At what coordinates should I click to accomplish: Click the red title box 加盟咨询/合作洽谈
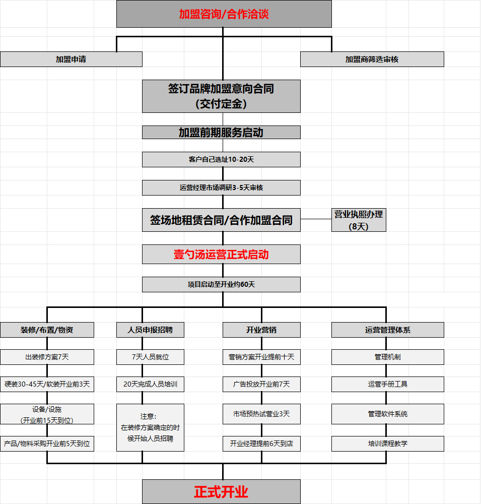pyautogui.click(x=224, y=14)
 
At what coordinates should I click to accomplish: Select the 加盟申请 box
pyautogui.click(x=71, y=59)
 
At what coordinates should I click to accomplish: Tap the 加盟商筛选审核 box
pyautogui.click(x=372, y=59)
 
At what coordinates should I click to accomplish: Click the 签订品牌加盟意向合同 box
pyautogui.click(x=221, y=96)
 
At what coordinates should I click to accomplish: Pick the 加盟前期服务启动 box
pyautogui.click(x=221, y=133)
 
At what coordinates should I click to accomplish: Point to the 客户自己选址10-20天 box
pyautogui.click(x=221, y=159)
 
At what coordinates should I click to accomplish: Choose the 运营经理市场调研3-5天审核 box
pyautogui.click(x=221, y=187)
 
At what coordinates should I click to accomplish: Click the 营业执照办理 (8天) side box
pyautogui.click(x=359, y=220)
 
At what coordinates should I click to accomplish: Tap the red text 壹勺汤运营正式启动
pyautogui.click(x=221, y=255)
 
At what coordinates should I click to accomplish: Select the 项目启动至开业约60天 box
pyautogui.click(x=221, y=284)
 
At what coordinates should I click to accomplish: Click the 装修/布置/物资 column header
pyautogui.click(x=47, y=330)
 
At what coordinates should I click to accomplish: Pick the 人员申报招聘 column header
pyautogui.click(x=150, y=330)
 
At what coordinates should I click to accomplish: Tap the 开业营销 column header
pyautogui.click(x=261, y=330)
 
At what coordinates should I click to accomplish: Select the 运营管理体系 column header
pyautogui.click(x=387, y=330)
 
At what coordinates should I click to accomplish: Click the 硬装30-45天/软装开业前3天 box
pyautogui.click(x=47, y=384)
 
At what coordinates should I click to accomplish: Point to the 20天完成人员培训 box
pyautogui.click(x=150, y=384)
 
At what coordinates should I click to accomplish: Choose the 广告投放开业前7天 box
pyautogui.click(x=261, y=384)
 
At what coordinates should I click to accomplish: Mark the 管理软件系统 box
pyautogui.click(x=387, y=414)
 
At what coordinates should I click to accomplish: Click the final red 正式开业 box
pyautogui.click(x=221, y=492)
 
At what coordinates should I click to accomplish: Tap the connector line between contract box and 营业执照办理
pyautogui.click(x=316, y=219)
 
